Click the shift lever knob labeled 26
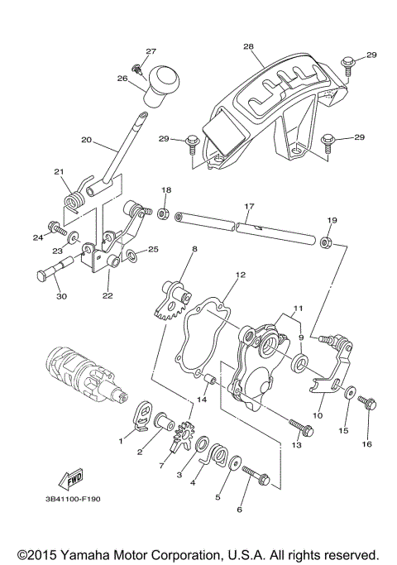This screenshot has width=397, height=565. [x=163, y=88]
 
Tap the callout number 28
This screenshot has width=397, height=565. [x=248, y=47]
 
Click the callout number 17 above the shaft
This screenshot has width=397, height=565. [x=248, y=205]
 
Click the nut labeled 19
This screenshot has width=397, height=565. [x=326, y=242]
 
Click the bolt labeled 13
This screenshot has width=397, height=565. [x=301, y=429]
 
